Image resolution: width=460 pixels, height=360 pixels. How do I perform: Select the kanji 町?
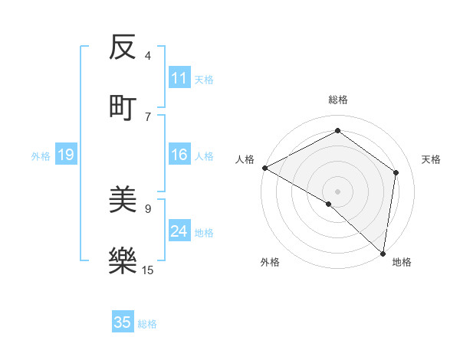(123, 106)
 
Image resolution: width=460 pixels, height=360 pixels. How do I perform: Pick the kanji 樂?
(123, 260)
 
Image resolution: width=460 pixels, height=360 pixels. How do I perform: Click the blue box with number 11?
(179, 78)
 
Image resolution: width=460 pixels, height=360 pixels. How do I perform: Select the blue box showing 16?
(179, 155)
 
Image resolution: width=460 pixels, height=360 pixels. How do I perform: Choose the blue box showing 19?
(65, 155)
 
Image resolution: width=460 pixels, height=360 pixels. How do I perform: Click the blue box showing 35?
(123, 322)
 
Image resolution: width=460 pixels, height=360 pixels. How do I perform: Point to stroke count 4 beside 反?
(148, 56)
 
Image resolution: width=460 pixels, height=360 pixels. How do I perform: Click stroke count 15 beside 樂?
(148, 270)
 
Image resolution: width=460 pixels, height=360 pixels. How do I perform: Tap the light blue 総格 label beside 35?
(147, 324)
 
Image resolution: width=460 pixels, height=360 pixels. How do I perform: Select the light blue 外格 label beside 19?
(41, 156)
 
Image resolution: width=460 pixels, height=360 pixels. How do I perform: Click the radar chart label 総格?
(338, 100)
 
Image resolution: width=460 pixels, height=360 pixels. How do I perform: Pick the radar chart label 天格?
(432, 159)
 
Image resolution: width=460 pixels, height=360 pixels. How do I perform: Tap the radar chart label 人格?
(245, 159)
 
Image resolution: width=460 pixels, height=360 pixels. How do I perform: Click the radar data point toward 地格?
(383, 254)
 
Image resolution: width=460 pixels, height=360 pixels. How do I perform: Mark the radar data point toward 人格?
(264, 168)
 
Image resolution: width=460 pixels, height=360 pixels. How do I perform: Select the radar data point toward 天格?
(396, 172)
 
